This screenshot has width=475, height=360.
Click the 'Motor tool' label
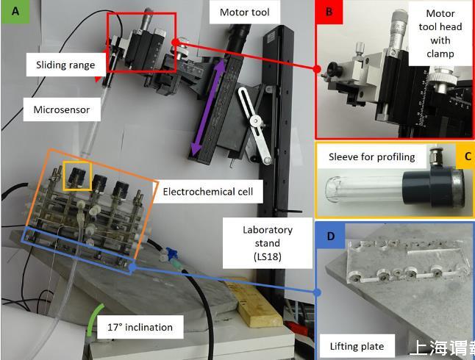[245, 12]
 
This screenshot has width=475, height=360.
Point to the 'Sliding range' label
[65, 65]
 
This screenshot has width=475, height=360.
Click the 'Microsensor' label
[62, 109]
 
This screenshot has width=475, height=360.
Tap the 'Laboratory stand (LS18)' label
[268, 243]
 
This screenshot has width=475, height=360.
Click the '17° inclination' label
[140, 327]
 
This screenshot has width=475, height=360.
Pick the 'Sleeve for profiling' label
[371, 156]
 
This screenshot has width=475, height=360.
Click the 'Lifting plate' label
[357, 345]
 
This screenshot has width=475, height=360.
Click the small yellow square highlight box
[77, 176]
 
